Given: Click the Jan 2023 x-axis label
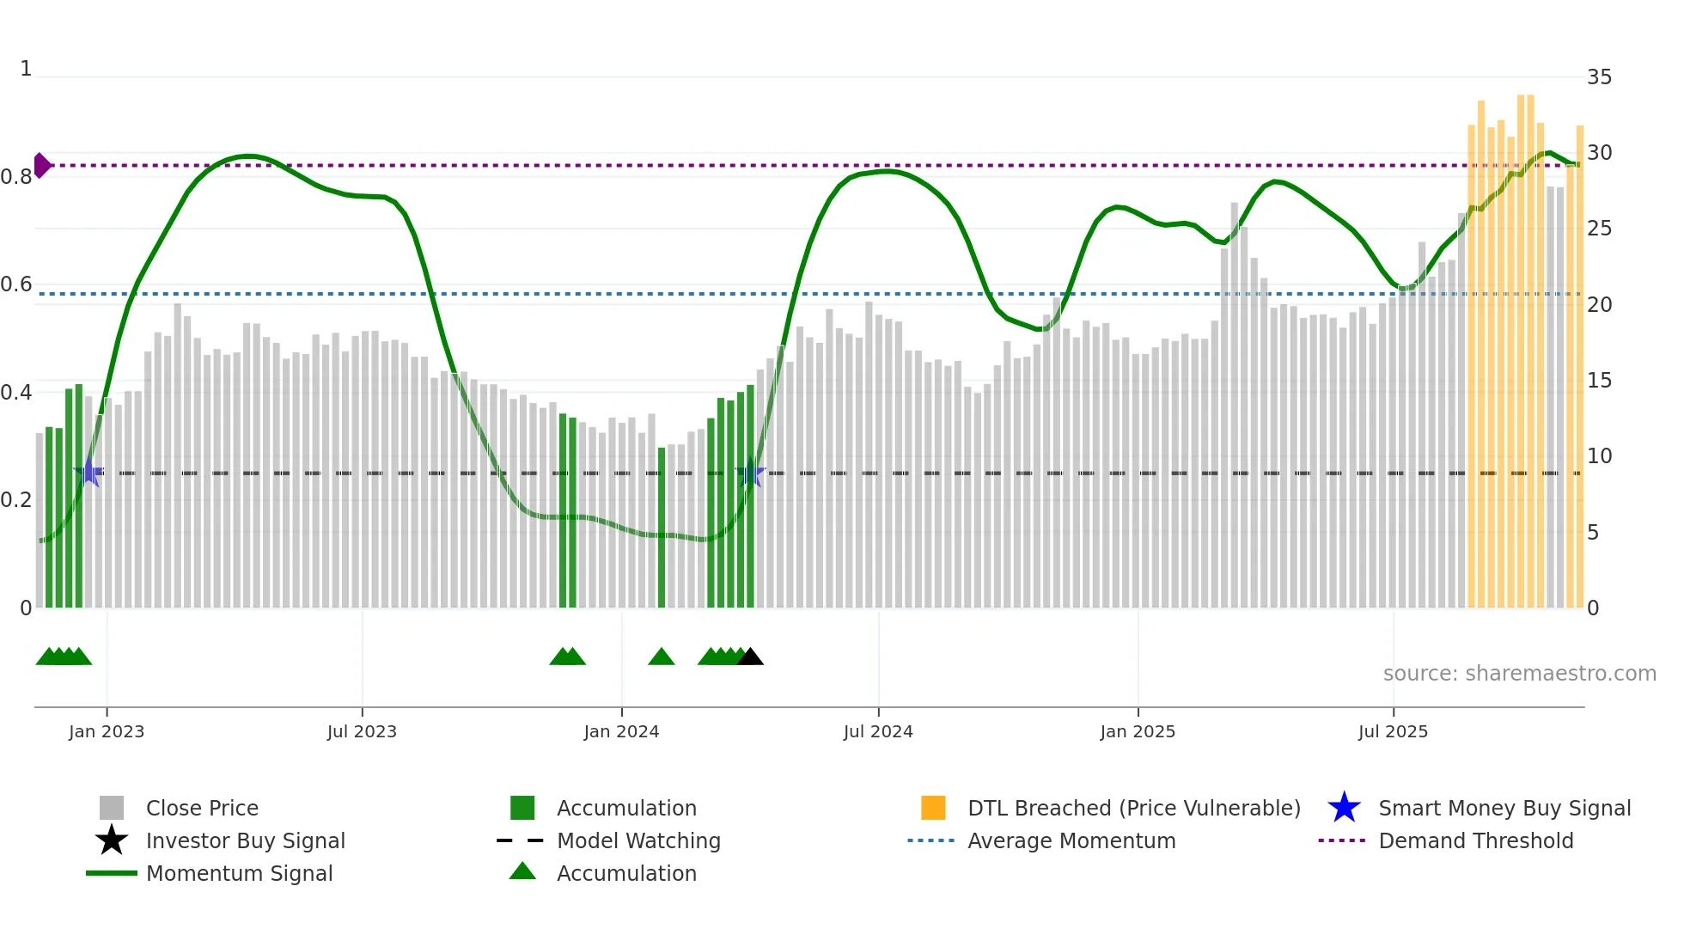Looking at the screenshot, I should click(x=107, y=732).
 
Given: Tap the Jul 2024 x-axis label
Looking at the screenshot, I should click(x=878, y=732).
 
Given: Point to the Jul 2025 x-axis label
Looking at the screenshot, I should click(x=1393, y=732).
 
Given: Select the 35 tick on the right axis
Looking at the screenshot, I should click(x=1599, y=77).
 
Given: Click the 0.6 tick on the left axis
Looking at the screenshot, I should click(x=16, y=284).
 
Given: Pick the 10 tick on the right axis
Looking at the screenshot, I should click(x=1599, y=456).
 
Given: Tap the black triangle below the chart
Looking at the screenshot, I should click(x=750, y=657).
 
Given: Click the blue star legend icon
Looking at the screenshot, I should click(x=1344, y=808).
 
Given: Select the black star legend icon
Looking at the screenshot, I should click(x=112, y=840).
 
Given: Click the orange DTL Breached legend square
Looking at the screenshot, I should click(x=933, y=808).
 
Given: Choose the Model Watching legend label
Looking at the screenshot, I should click(x=638, y=840).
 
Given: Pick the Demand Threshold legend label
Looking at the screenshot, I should click(x=1475, y=840).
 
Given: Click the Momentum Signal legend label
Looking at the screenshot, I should click(x=239, y=873).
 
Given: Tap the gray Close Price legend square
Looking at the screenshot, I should click(x=112, y=808).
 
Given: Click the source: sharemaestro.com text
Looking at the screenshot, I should click(x=1519, y=674).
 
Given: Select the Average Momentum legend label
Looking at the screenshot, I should click(x=1071, y=840).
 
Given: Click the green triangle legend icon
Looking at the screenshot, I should click(x=522, y=871).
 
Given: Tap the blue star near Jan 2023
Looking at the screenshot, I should click(x=88, y=473).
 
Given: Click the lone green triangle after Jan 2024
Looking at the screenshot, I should click(x=662, y=657).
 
